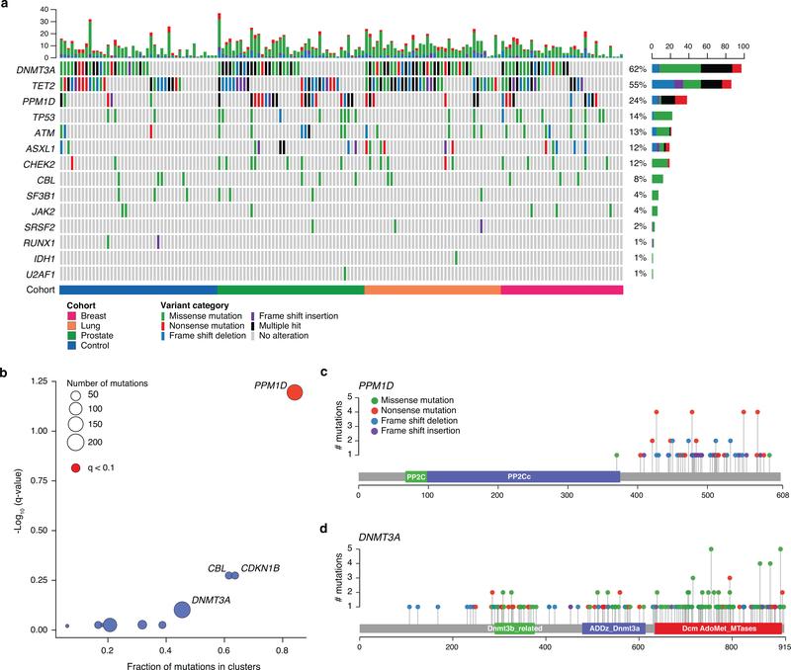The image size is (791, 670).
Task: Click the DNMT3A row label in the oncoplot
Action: (x=27, y=70)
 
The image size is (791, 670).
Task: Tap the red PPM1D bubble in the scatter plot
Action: (x=295, y=392)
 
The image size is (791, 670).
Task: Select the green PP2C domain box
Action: (x=415, y=476)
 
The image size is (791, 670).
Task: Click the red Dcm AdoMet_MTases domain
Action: (x=718, y=628)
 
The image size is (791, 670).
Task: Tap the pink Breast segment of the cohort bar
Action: (x=562, y=290)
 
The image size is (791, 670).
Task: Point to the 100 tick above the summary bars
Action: (x=743, y=45)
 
